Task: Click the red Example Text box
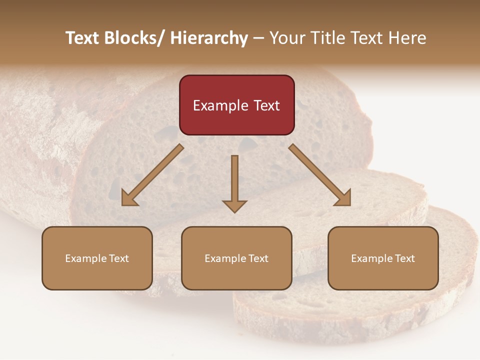click(236, 105)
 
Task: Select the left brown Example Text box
click(97, 258)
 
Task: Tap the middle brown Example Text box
click(236, 258)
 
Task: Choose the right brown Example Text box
click(383, 258)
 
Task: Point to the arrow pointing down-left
click(152, 175)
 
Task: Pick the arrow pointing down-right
click(320, 175)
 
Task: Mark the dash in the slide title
click(258, 38)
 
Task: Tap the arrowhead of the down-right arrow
click(343, 198)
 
